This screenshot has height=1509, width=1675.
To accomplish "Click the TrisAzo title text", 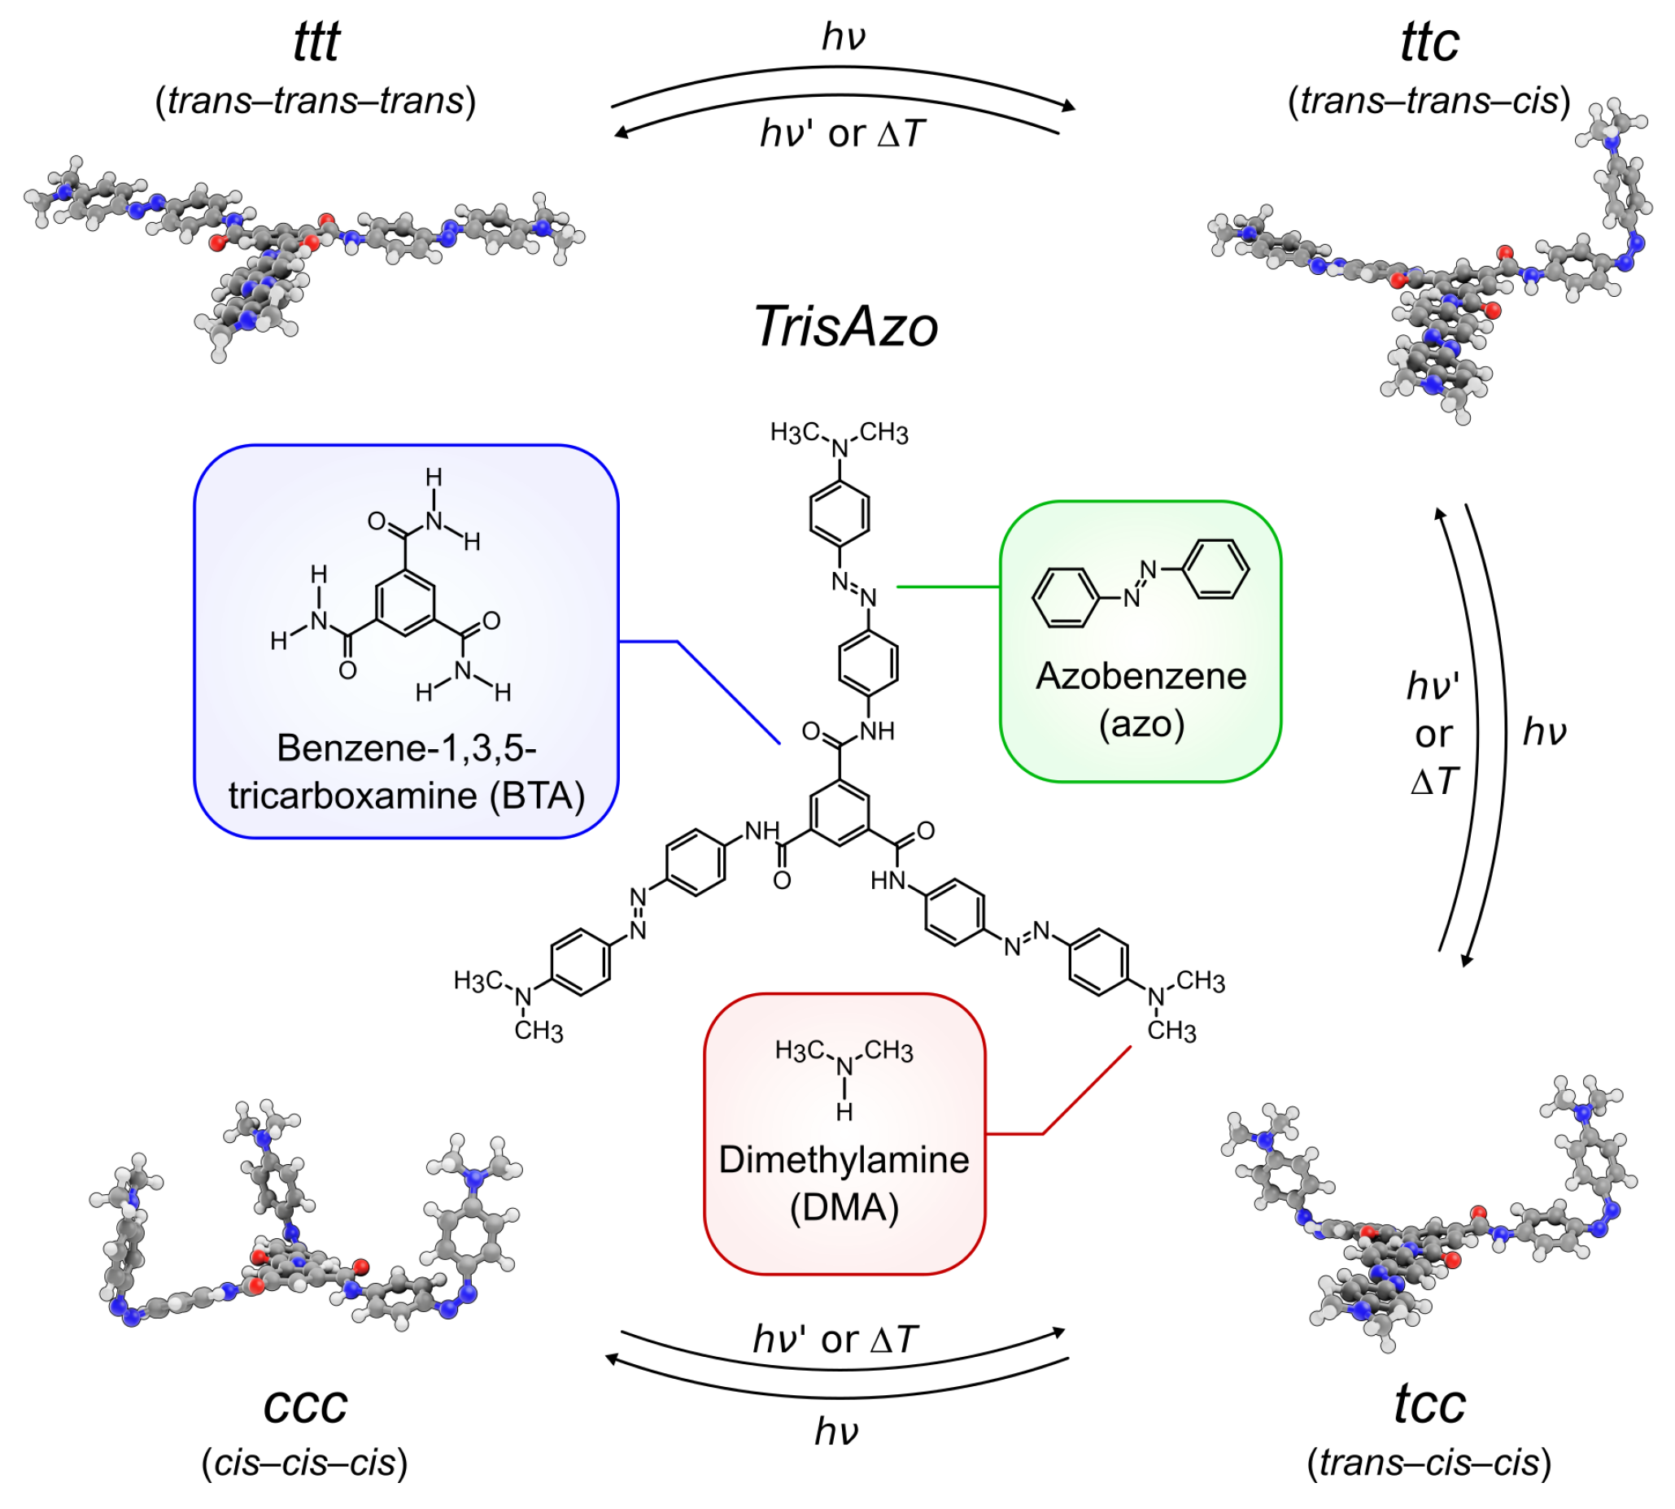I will click(845, 327).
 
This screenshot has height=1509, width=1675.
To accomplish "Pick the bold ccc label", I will click(304, 1404).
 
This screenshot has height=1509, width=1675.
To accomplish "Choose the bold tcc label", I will click(1429, 1404).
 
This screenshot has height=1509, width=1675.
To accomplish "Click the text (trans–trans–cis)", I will click(1429, 101).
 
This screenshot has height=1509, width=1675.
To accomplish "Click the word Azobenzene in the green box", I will click(1141, 677).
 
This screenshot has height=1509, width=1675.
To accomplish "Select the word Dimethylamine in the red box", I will click(844, 1159).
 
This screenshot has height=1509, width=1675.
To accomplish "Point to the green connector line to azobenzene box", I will click(948, 587).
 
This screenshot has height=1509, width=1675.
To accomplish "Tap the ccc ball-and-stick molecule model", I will click(307, 1227).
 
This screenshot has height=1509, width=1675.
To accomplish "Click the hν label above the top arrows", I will click(844, 37).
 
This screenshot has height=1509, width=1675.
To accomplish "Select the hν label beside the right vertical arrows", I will click(1544, 732).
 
